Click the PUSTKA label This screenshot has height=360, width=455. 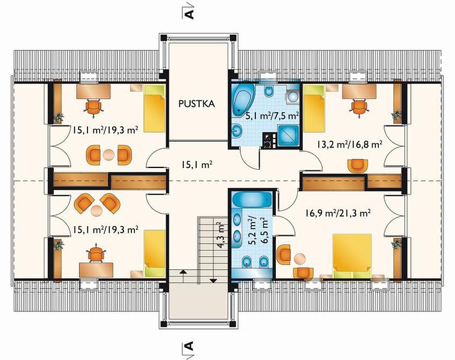click(197, 104)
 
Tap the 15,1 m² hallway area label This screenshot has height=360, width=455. click(196, 165)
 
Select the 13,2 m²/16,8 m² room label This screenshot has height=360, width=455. click(349, 144)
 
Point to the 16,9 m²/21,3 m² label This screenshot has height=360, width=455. click(338, 214)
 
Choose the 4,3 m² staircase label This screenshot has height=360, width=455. click(222, 235)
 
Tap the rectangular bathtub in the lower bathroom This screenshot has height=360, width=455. click(252, 199)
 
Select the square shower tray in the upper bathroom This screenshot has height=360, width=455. click(288, 136)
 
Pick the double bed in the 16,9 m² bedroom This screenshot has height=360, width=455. click(352, 256)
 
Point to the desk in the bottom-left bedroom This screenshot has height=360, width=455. click(96, 270)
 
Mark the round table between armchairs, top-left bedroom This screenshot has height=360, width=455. click(109, 154)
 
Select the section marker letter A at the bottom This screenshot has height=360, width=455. click(189, 346)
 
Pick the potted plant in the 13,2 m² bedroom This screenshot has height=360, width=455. click(396, 116)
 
